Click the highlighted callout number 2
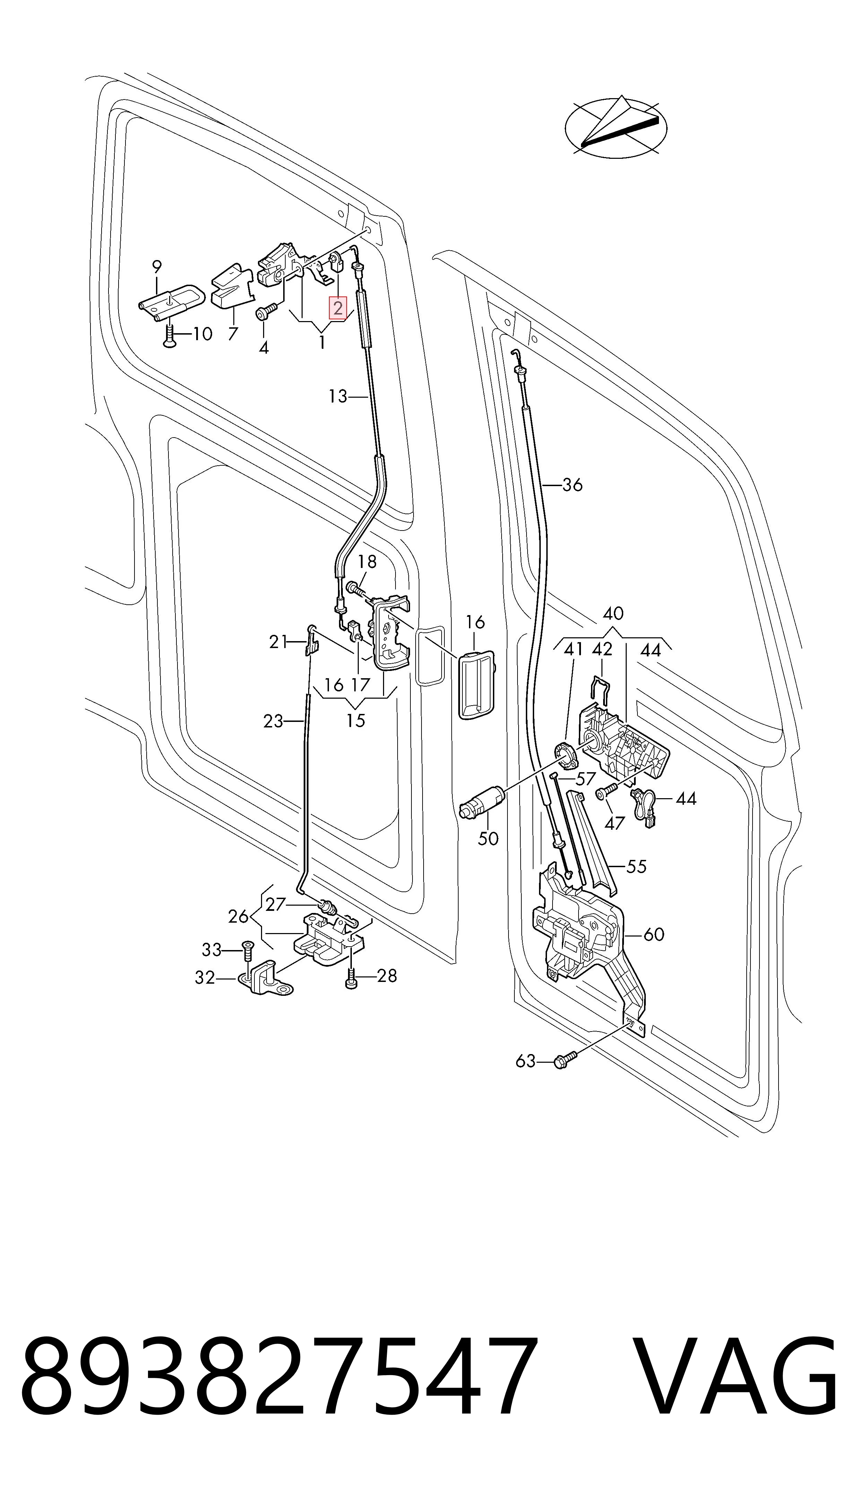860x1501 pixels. tap(338, 308)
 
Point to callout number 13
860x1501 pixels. tap(338, 396)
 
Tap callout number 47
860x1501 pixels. tap(614, 822)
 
